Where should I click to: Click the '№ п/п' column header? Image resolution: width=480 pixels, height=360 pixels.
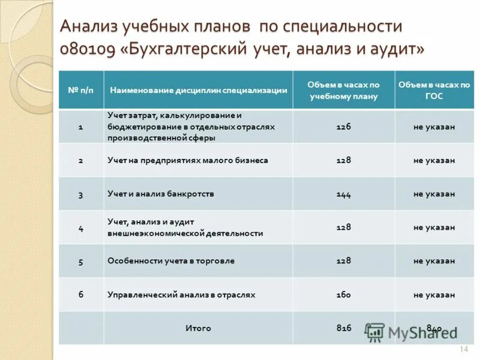80,90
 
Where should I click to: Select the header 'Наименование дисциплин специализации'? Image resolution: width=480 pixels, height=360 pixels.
198,90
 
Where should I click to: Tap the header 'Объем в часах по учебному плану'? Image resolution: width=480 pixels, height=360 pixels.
344,91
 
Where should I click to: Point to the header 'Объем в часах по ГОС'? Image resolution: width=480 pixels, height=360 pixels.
434,91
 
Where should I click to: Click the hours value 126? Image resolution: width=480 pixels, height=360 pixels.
344,127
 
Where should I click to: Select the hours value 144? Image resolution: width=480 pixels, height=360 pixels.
344,194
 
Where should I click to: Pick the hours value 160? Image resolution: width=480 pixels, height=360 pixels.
344,295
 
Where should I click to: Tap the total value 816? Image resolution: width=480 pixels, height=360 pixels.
344,328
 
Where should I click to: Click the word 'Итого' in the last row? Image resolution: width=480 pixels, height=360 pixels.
198,328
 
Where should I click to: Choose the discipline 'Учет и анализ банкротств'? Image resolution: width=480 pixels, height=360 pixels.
161,194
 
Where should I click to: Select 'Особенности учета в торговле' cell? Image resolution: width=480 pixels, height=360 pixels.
170,261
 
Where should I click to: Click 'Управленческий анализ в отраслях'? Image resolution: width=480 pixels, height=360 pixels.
181,295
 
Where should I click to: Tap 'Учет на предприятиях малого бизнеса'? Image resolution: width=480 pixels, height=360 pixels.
187,161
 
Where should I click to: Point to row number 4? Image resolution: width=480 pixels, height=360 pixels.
81,228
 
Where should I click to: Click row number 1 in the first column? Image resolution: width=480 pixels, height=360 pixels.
81,127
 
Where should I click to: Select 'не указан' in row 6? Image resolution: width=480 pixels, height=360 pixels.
434,295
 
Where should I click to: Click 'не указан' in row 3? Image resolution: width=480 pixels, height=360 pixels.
434,194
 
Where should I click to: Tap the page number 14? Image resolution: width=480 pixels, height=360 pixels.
463,350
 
